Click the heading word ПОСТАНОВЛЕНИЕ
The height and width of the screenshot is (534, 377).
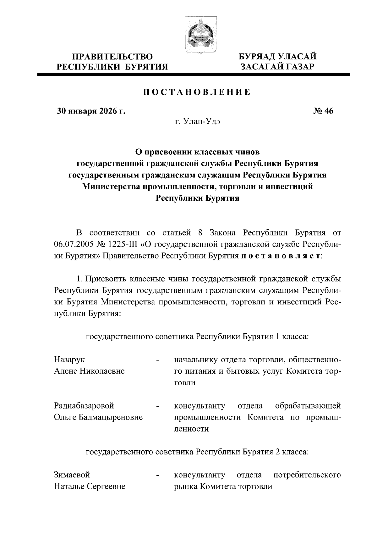(197, 92)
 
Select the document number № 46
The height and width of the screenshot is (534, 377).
(323, 111)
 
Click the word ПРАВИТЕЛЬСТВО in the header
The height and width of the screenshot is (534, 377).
(113, 57)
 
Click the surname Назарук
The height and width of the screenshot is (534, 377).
(69, 359)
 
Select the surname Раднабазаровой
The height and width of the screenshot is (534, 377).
(84, 406)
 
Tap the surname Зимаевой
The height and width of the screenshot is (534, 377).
(72, 475)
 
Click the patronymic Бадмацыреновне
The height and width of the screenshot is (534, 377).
(111, 417)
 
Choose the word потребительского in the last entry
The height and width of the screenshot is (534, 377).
(307, 475)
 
